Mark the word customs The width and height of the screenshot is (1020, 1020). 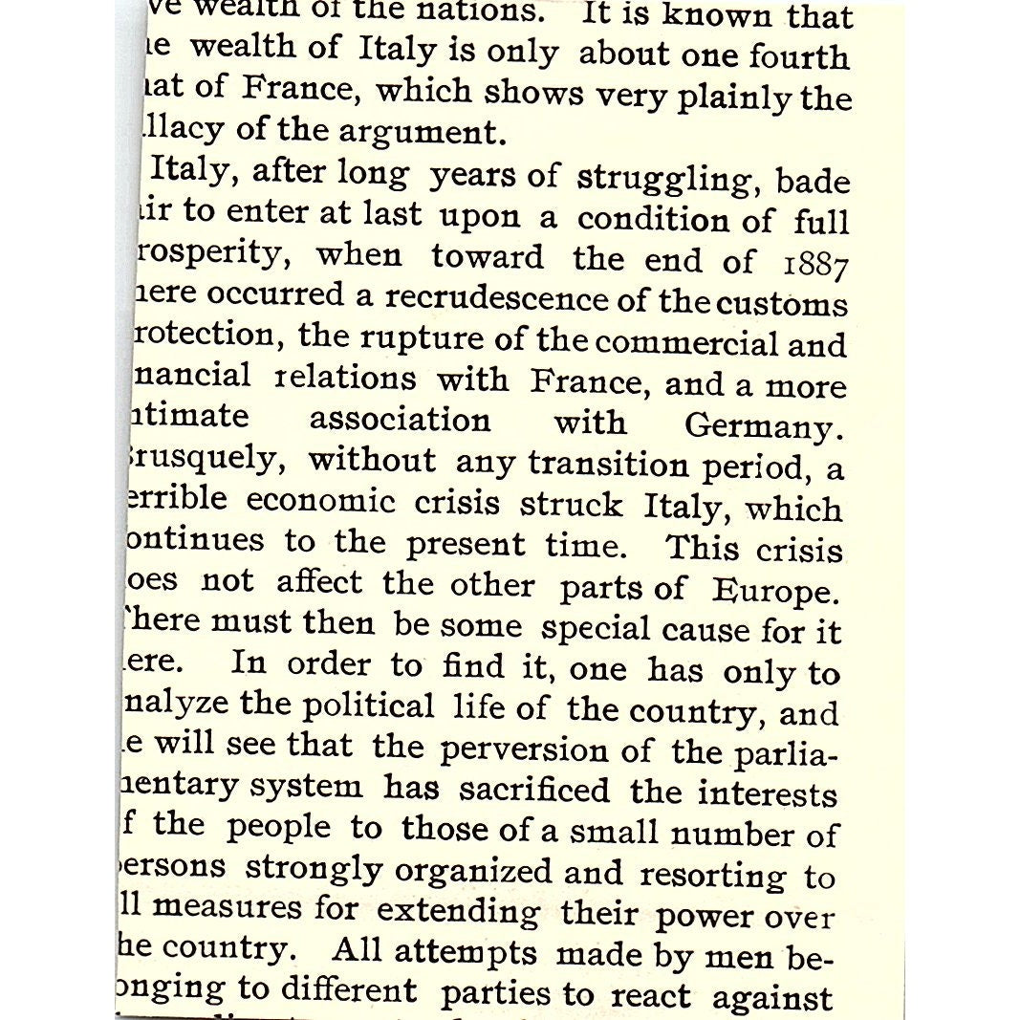click(x=782, y=303)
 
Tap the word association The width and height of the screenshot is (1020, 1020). click(x=400, y=420)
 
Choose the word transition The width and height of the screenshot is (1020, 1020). click(x=608, y=465)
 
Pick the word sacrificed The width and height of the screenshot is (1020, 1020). click(x=533, y=791)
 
